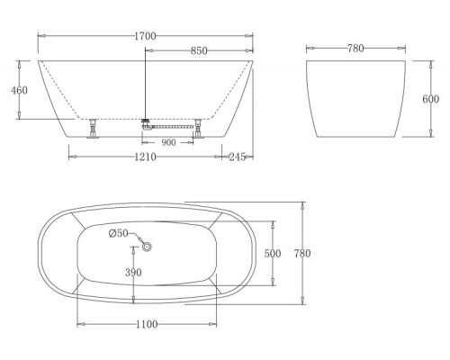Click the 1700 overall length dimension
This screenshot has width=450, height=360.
pyautogui.click(x=145, y=36)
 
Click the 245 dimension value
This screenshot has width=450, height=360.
pyautogui.click(x=238, y=157)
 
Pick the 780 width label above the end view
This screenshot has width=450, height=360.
pyautogui.click(x=354, y=49)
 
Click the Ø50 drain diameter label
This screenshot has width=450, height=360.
pyautogui.click(x=118, y=234)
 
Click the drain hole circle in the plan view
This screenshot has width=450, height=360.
pyautogui.click(x=148, y=246)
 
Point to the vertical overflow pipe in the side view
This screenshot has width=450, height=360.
pyautogui.click(x=145, y=85)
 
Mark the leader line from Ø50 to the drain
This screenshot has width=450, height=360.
pyautogui.click(x=137, y=238)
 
